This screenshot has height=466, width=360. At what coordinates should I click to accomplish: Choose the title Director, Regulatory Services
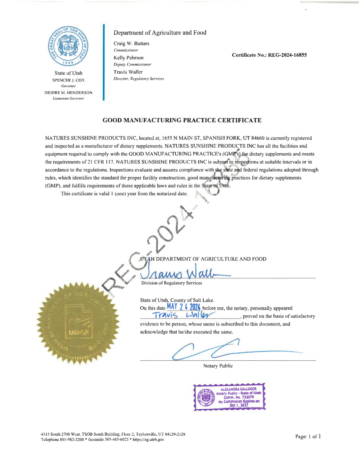[x=139, y=79]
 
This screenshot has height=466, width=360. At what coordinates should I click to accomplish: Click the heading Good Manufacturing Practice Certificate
[x=182, y=120]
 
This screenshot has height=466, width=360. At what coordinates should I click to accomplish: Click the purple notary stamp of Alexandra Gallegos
[x=230, y=396]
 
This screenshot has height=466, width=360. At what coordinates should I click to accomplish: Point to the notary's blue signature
[x=217, y=348]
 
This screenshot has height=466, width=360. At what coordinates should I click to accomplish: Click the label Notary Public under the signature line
[x=218, y=366]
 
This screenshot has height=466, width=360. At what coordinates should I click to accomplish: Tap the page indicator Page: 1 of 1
[x=308, y=436]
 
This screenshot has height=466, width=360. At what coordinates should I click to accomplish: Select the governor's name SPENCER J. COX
[x=68, y=80]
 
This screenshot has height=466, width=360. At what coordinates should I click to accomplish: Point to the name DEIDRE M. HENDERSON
[x=68, y=92]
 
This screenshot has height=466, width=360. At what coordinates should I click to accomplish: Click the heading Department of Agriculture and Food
[x=160, y=33]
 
